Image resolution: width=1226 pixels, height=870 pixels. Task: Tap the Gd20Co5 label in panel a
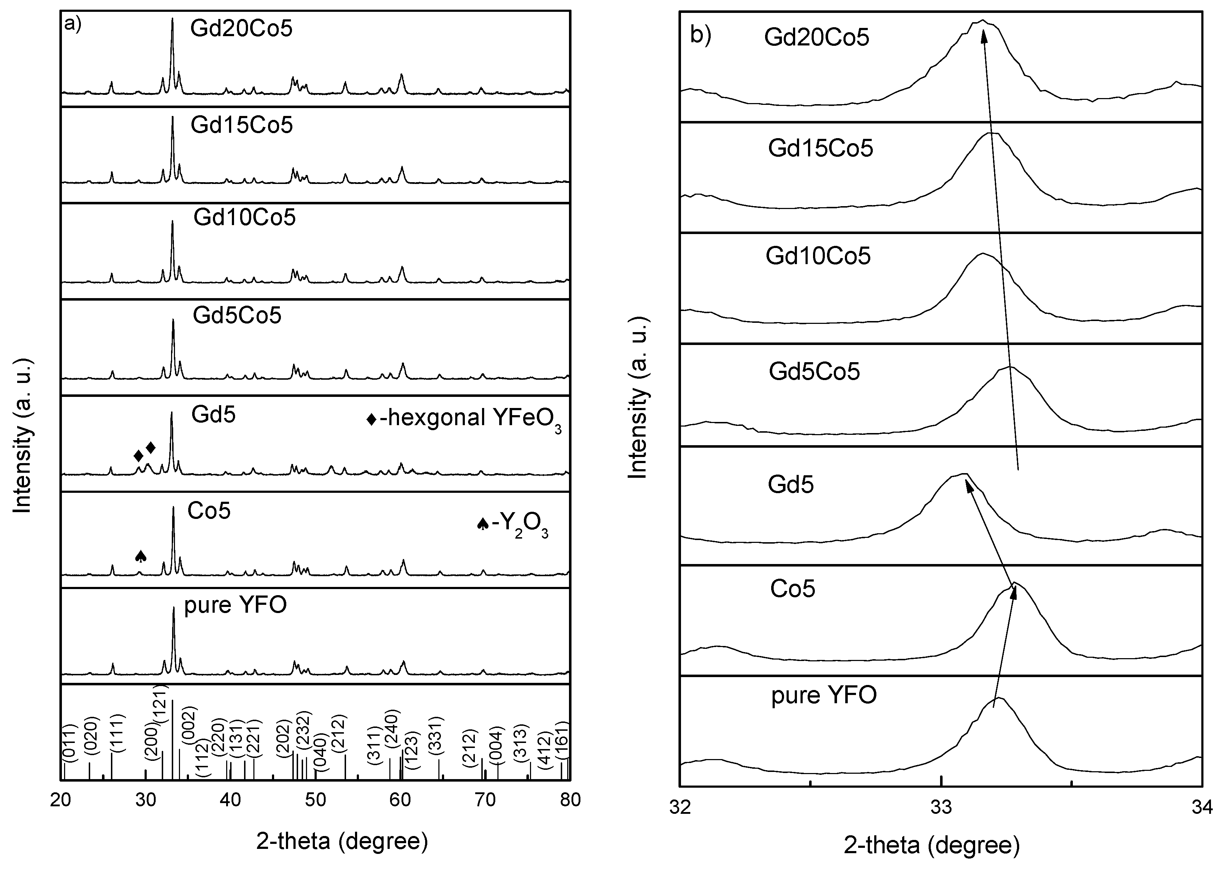pos(241,28)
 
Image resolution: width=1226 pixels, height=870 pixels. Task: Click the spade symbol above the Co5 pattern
pos(140,556)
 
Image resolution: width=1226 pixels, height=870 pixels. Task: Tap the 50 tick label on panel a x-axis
pos(316,800)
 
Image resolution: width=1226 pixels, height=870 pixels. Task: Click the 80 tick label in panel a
pos(570,800)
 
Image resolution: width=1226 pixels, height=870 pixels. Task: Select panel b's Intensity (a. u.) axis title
pos(637,397)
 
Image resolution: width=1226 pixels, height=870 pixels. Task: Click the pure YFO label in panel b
pos(824,695)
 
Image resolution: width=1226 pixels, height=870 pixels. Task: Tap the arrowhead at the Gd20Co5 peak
pos(983,33)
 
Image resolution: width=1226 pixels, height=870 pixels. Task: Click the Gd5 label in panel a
pos(214,415)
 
